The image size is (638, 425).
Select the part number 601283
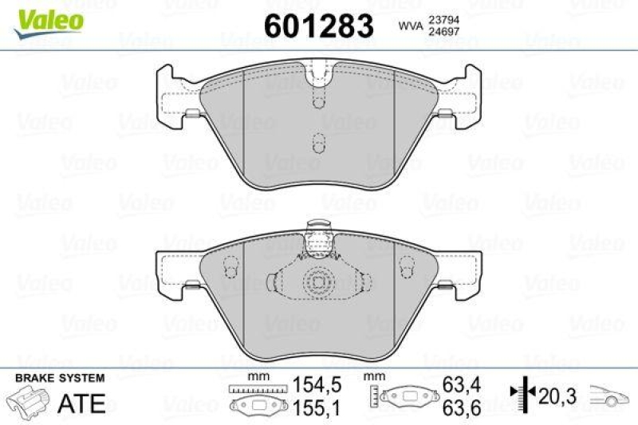pyautogui.click(x=318, y=26)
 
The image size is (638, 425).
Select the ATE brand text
pyautogui.click(x=82, y=403)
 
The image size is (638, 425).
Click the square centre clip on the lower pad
pyautogui.click(x=317, y=281)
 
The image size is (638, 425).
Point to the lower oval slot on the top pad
pyautogui.click(x=317, y=144)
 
